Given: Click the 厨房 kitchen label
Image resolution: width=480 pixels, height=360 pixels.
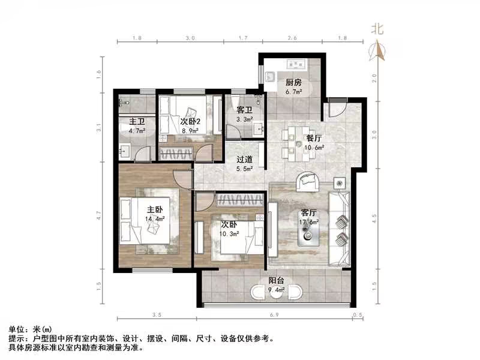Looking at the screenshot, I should click(x=293, y=82).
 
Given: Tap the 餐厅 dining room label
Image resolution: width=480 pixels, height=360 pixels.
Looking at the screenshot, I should click(x=315, y=137).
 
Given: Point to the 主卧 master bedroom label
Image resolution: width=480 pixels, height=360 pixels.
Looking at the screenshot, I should click(x=155, y=209).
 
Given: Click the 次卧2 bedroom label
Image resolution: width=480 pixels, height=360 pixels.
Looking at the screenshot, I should click(x=190, y=120).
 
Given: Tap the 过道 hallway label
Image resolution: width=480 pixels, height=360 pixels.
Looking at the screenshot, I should click(x=244, y=160).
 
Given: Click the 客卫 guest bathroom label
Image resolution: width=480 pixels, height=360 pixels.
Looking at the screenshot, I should click(x=244, y=110).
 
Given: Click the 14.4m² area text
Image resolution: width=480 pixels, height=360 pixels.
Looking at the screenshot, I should click(x=155, y=219).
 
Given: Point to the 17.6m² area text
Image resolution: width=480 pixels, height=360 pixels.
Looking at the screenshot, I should click(x=309, y=221).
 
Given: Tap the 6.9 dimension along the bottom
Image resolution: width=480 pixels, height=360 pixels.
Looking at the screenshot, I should click(x=278, y=314).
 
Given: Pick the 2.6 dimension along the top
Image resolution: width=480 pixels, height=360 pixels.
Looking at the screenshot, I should click(x=292, y=38).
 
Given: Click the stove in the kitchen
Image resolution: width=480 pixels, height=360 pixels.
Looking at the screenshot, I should click(x=297, y=62).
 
